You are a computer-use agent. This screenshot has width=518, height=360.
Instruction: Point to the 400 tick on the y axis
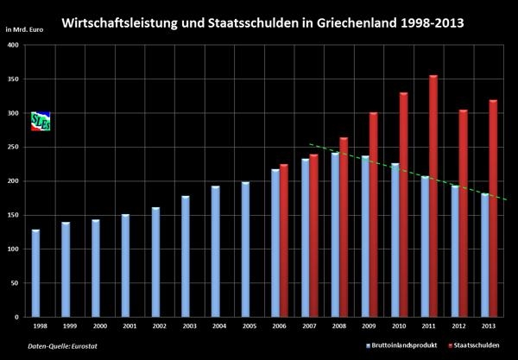point(14,46)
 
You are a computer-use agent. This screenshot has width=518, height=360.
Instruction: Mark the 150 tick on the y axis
point(14,216)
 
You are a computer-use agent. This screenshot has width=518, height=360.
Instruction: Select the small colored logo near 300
point(40,121)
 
